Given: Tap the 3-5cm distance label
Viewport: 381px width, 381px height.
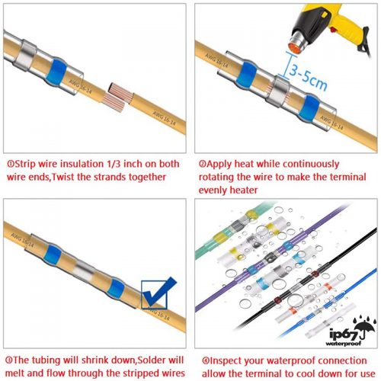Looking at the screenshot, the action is click(308, 76).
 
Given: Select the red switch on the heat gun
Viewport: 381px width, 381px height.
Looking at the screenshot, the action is click(334, 30).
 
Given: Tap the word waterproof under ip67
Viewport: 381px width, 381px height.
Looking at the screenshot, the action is click(343, 343).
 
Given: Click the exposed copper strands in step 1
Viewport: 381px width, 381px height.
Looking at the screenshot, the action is click(117, 97).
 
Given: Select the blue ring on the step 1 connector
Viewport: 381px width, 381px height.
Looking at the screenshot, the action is click(56, 72).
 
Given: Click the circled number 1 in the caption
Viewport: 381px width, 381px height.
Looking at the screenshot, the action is click(11, 164).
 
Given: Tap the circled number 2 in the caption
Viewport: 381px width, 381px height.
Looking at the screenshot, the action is click(202, 164).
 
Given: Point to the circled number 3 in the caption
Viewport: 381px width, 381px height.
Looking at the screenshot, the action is click(9, 360).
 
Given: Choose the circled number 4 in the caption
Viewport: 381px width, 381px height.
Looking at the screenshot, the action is click(206, 360).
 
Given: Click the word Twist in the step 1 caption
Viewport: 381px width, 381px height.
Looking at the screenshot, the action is click(63, 177).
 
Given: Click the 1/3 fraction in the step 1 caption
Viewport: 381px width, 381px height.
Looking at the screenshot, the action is click(114, 164).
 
